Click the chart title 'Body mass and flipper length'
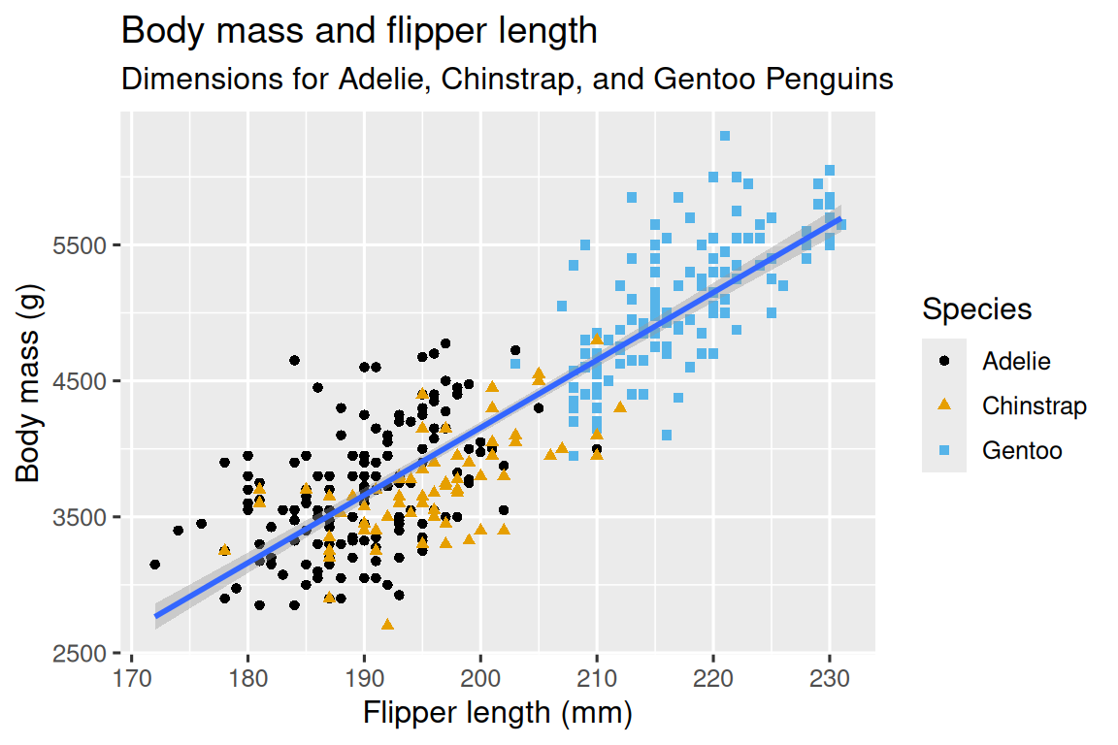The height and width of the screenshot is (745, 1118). point(358,32)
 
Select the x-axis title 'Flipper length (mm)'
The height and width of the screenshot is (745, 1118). point(498,714)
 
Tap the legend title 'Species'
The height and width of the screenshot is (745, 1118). point(976,310)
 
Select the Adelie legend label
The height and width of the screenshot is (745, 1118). point(1016,362)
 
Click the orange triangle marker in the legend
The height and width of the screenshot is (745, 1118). point(944,405)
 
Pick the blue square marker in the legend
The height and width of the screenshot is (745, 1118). point(944,450)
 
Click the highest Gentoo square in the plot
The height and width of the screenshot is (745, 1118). point(725,136)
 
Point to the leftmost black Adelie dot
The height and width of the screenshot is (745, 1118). point(154,565)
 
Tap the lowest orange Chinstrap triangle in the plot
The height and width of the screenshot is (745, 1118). point(387,624)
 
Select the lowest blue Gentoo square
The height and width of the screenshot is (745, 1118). point(667,435)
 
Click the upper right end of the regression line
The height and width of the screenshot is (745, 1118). point(839,219)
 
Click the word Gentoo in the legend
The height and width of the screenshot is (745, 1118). point(1022,450)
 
